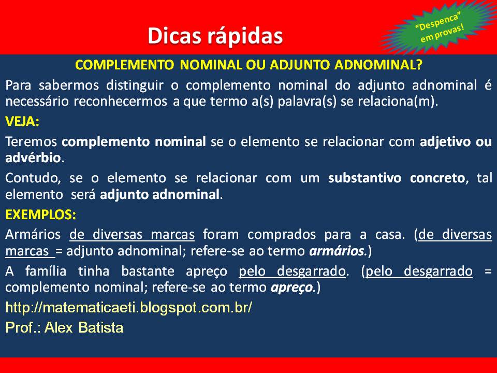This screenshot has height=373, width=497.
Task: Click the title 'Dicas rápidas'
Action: pyautogui.click(x=215, y=35)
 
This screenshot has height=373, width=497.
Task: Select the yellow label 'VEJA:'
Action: pyautogui.click(x=22, y=122)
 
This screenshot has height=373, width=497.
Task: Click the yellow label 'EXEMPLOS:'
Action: pyautogui.click(x=40, y=214)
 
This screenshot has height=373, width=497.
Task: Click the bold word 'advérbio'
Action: pyautogui.click(x=33, y=157)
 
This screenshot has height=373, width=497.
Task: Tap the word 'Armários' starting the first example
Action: pyautogui.click(x=33, y=234)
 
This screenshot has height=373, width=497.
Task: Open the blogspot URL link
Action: pyautogui.click(x=128, y=307)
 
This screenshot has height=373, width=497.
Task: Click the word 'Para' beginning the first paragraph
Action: pyautogui.click(x=18, y=85)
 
